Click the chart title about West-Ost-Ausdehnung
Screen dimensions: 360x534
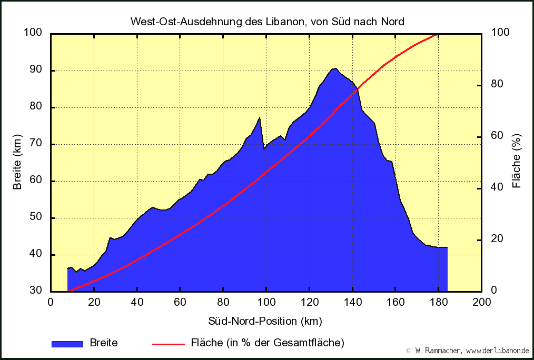[x=267, y=22]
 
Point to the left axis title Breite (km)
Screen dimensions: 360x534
[x=18, y=162]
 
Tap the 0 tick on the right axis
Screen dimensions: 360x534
[x=494, y=291]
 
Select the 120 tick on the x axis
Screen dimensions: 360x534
[x=309, y=302]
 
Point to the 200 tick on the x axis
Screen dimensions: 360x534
[x=481, y=302]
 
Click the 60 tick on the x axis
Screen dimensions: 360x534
[x=180, y=302]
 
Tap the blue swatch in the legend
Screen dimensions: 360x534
[x=67, y=344]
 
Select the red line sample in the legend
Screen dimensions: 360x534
[x=168, y=344]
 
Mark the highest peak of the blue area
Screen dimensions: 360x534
[x=334, y=68]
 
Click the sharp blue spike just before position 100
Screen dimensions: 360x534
[x=260, y=117]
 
